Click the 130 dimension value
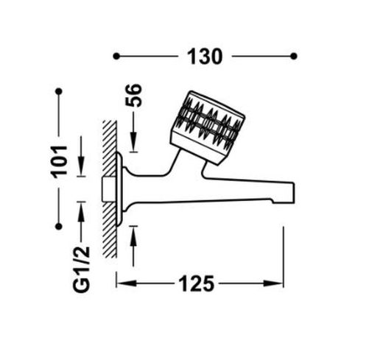(x=205, y=57)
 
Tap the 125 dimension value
(x=197, y=283)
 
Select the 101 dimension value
(x=59, y=162)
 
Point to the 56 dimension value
(x=133, y=95)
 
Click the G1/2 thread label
(x=82, y=269)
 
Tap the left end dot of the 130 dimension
(x=116, y=56)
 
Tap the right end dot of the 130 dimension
(x=294, y=56)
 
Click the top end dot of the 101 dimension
(x=59, y=92)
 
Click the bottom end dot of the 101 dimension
(x=59, y=227)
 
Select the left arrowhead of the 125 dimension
(x=126, y=283)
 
